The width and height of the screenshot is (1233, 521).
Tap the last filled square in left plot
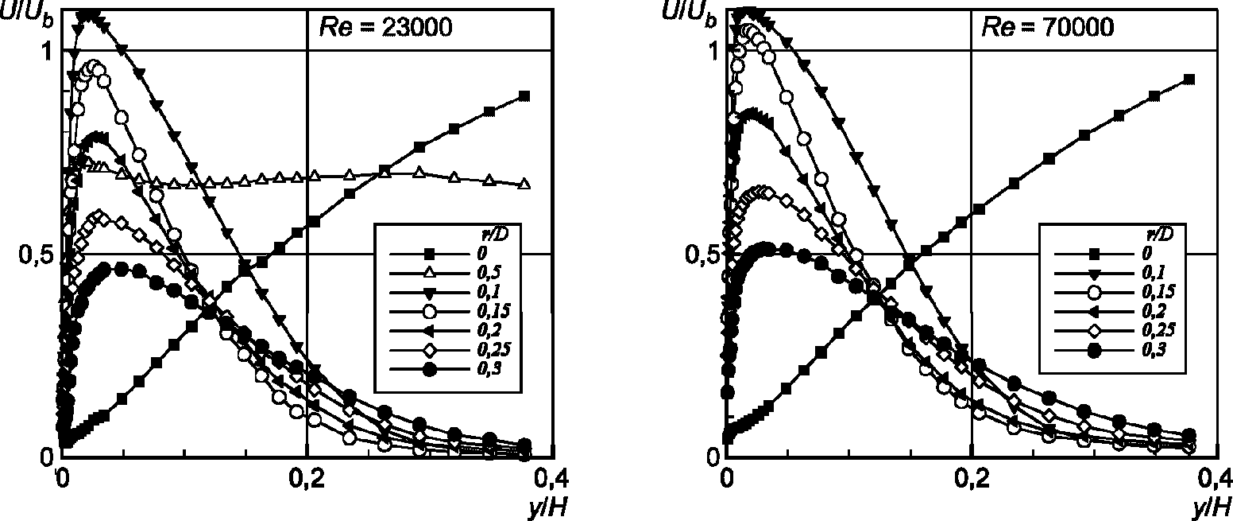click(x=524, y=95)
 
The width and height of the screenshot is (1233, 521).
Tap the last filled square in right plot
click(x=1189, y=79)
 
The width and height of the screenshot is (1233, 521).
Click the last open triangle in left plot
click(x=524, y=184)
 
